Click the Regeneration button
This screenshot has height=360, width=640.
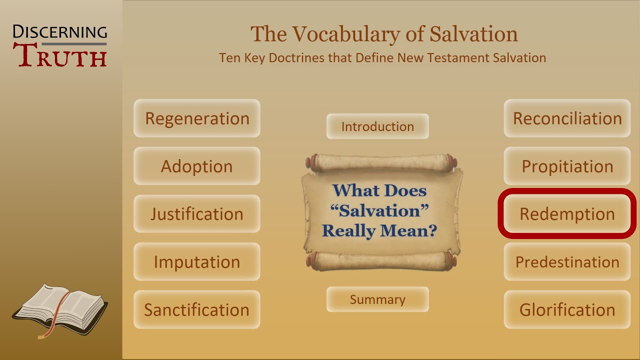tap(196, 118)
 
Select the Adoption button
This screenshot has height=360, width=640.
tap(196, 166)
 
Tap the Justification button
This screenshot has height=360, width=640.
tap(196, 214)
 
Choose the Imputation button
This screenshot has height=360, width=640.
tap(196, 261)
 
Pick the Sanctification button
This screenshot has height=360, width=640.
tap(196, 309)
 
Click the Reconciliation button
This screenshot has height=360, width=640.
tap(567, 118)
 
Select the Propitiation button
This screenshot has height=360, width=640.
tap(567, 166)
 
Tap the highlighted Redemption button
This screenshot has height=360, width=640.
tap(567, 214)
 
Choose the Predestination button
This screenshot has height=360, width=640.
tap(567, 261)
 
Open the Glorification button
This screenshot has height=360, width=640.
tap(567, 309)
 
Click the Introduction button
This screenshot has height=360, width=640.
tap(377, 126)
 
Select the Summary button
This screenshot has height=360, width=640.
tap(377, 299)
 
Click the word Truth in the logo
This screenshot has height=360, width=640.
tap(62, 55)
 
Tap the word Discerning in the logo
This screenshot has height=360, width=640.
tap(60, 32)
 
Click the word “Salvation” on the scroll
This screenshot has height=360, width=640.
tap(380, 210)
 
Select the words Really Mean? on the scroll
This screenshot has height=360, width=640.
tap(379, 230)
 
